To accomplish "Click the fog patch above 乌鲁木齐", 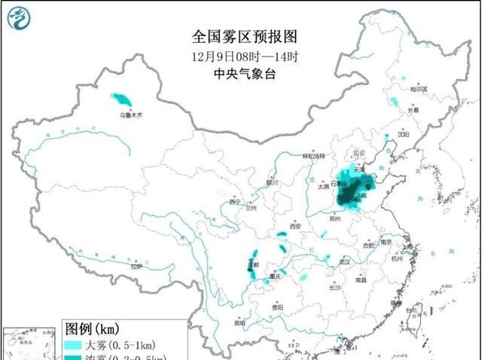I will pyautogui.click(x=120, y=99).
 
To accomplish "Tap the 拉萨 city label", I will pyautogui.click(x=136, y=266).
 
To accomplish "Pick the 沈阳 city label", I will pyautogui.click(x=404, y=135).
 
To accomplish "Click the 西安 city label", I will pyautogui.click(x=294, y=226).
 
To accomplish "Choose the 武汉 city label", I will pyautogui.click(x=345, y=261).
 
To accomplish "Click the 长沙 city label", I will pyautogui.click(x=336, y=287).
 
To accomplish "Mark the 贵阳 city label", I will pyautogui.click(x=278, y=307).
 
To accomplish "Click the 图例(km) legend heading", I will pyautogui.click(x=91, y=329).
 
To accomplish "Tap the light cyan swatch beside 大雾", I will pyautogui.click(x=74, y=345).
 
